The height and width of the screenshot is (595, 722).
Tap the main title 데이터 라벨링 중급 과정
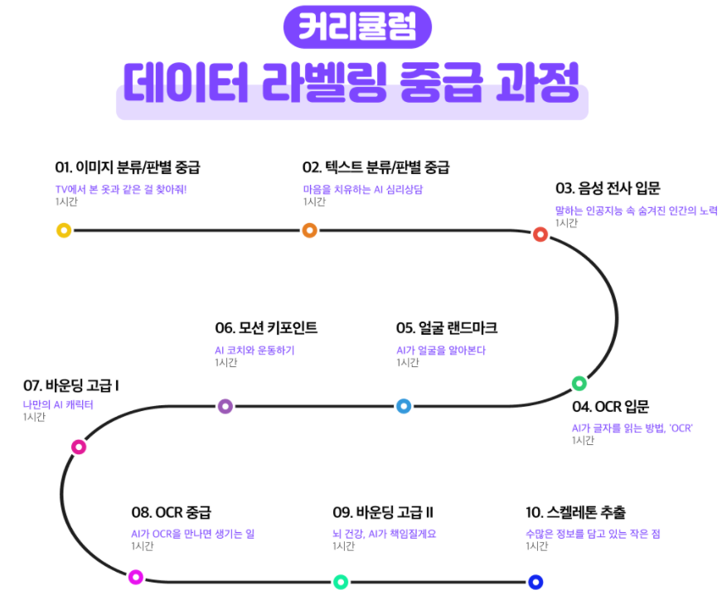tap(351, 84)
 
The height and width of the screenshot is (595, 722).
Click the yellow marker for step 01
tap(64, 230)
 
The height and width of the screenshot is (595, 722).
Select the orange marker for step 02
tap(309, 230)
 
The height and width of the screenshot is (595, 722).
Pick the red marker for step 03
tap(540, 235)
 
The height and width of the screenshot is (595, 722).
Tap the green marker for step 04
tap(579, 383)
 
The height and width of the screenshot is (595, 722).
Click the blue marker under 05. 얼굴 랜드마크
tap(404, 406)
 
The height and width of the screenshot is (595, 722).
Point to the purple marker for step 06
tap(225, 406)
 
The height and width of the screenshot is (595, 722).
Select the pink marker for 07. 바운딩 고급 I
tap(79, 447)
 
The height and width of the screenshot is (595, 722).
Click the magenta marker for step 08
tap(136, 577)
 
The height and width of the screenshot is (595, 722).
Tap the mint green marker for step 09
tap(340, 582)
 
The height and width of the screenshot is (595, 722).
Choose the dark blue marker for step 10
tap(535, 582)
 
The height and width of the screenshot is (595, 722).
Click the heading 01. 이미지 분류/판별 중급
tap(127, 167)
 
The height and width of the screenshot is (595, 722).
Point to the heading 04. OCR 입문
tap(610, 407)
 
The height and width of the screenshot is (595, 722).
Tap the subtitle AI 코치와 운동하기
tap(254, 351)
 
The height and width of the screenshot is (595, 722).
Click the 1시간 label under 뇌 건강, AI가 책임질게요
tap(343, 546)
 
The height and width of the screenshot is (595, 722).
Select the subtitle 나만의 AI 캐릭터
tap(58, 405)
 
